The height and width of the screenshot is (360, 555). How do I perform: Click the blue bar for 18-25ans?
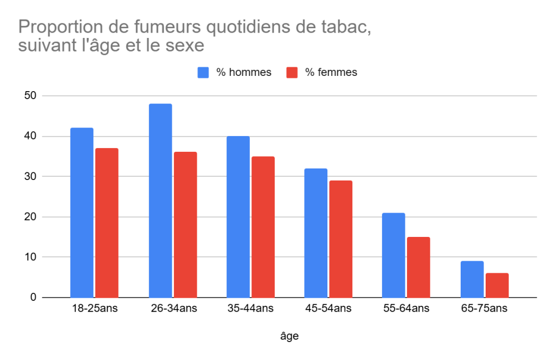point(82,213)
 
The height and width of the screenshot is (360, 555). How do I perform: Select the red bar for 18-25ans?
point(107,223)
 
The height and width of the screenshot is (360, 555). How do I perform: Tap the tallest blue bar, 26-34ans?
point(160,201)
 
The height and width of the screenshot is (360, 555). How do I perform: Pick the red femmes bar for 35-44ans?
point(263,227)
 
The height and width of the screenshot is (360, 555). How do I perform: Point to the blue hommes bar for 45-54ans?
point(316,233)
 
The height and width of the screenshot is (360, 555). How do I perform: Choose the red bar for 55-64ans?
point(418,267)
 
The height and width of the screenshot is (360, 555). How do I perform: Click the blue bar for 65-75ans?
point(472,279)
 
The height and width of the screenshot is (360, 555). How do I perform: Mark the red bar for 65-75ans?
point(497,285)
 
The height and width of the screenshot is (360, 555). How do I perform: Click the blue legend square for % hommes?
point(203,73)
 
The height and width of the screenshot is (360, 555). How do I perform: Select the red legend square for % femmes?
point(292,73)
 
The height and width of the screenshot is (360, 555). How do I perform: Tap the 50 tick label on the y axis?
point(30,95)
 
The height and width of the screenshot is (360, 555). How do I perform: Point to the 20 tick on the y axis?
point(30,217)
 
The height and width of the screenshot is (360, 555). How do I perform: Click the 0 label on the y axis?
point(33,297)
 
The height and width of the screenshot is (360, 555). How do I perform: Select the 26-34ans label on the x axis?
point(174,308)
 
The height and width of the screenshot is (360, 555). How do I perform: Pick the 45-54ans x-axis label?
point(328,308)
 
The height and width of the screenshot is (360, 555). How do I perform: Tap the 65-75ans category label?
point(484,308)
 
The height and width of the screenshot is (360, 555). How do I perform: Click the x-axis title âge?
point(289,336)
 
